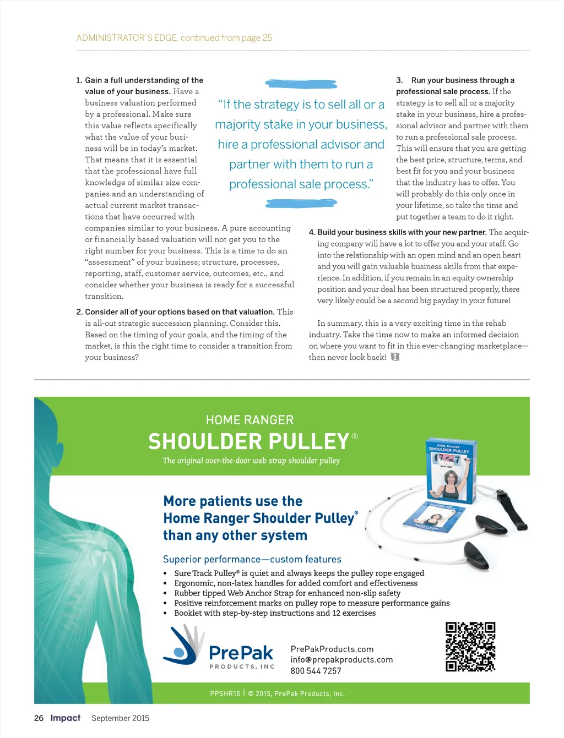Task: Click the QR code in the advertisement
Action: click(470, 647)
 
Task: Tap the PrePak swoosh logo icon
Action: click(183, 645)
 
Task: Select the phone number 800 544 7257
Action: click(316, 671)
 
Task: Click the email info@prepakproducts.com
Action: click(341, 660)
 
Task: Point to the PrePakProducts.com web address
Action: click(332, 649)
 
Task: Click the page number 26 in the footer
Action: click(39, 718)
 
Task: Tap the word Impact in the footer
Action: click(65, 718)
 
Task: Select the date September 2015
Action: click(120, 718)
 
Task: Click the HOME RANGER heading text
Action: click(250, 420)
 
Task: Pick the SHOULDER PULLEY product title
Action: click(249, 442)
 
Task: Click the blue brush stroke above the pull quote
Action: click(301, 84)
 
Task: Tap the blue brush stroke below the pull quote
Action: click(301, 204)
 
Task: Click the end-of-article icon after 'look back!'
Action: click(395, 357)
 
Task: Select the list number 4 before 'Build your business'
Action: click(312, 232)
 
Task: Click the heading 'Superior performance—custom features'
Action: click(252, 559)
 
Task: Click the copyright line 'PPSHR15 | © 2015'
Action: click(277, 693)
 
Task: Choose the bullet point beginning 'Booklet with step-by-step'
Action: click(275, 613)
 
